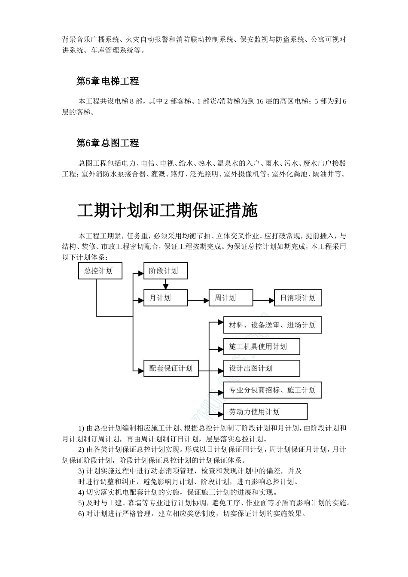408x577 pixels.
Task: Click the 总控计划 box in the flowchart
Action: tap(100, 271)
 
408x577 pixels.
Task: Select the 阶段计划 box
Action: tap(165, 271)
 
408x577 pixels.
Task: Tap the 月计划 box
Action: tap(165, 298)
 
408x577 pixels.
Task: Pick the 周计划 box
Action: tap(231, 298)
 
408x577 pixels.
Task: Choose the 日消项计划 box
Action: tap(298, 298)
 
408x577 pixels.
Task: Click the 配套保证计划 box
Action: tap(171, 368)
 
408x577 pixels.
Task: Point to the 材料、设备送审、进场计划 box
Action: tap(272, 325)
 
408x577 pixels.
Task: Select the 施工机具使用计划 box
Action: tap(262, 346)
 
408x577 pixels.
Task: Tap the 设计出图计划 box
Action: tap(262, 368)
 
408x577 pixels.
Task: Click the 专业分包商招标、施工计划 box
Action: tap(272, 390)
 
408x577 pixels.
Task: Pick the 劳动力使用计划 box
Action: tap(265, 412)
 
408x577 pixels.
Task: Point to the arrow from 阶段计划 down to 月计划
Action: tap(165, 285)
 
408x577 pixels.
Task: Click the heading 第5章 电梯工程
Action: tap(107, 81)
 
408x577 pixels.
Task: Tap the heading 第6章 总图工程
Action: tap(107, 143)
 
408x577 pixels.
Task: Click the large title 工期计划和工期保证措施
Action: tap(167, 211)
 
